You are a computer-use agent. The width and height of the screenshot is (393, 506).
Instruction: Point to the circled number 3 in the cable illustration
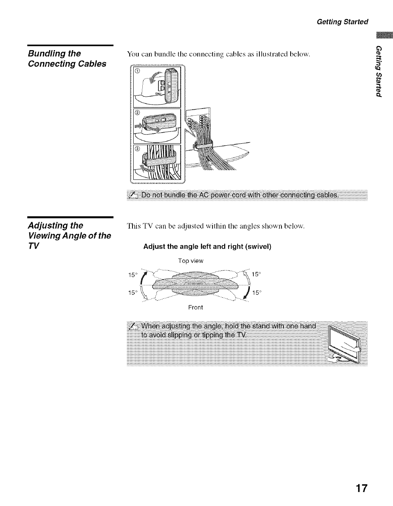coord(137,149)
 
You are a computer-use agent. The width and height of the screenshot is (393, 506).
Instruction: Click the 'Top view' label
coord(191,261)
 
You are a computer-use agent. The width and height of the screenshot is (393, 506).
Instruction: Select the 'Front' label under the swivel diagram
coord(196,307)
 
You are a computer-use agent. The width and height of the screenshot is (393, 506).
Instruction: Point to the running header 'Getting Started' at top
coord(342,21)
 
